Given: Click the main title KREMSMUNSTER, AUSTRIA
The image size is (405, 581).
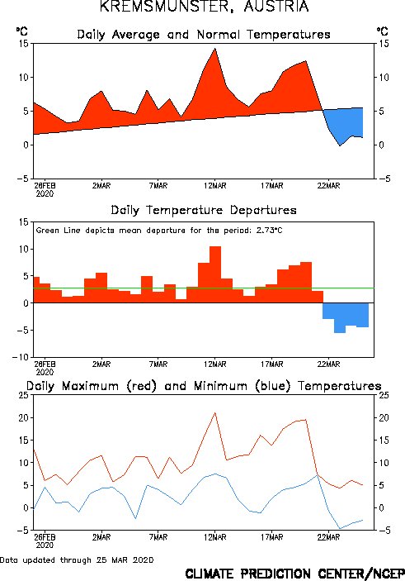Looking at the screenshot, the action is point(205,7).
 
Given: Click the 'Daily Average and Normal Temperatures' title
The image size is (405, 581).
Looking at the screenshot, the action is point(204,35).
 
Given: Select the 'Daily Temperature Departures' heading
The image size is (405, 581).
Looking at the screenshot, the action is point(204,211).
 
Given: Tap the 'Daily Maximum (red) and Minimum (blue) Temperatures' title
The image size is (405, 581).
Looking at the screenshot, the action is point(204,386).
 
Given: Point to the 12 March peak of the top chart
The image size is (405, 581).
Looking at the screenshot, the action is point(215,49).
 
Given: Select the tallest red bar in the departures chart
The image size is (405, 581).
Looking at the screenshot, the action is point(215,274).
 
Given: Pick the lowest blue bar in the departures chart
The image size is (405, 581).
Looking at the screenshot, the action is point(340,317).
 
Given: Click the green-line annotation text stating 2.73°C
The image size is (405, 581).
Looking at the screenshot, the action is point(159,231).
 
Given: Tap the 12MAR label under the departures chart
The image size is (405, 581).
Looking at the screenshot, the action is point(215,364).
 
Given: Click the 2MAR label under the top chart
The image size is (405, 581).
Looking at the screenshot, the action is point(101,186).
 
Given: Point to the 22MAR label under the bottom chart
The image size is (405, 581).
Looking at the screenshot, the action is point(328,537).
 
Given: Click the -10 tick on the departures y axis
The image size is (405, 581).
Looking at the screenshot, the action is point(20,357).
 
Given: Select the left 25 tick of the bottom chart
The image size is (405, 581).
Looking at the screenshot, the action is point(23,395).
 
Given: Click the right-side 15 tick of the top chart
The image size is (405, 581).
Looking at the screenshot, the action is point(384,44).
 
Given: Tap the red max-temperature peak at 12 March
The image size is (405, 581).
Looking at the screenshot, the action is point(215,412).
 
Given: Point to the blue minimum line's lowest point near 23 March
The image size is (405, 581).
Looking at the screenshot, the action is point(340,528).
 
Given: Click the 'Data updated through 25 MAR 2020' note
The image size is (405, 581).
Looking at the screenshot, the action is point(77,560).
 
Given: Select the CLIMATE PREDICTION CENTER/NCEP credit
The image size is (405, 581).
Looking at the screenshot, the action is point(294,574).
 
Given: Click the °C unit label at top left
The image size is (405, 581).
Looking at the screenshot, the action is point(21,31).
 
